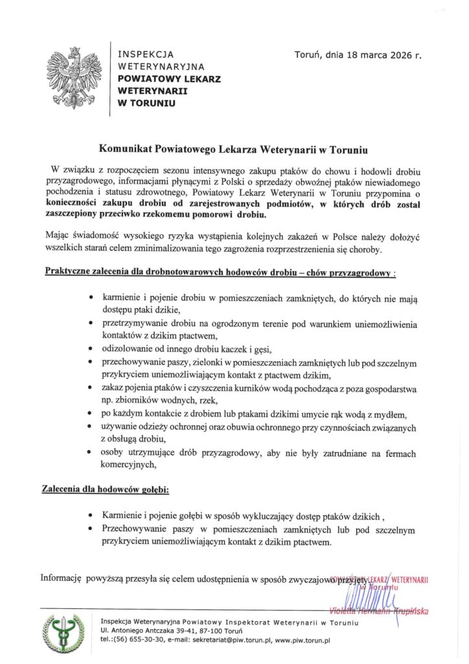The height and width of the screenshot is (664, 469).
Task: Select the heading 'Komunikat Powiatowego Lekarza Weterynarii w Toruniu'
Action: click(x=233, y=150)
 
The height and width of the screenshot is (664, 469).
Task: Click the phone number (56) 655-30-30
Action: click(x=136, y=640)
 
